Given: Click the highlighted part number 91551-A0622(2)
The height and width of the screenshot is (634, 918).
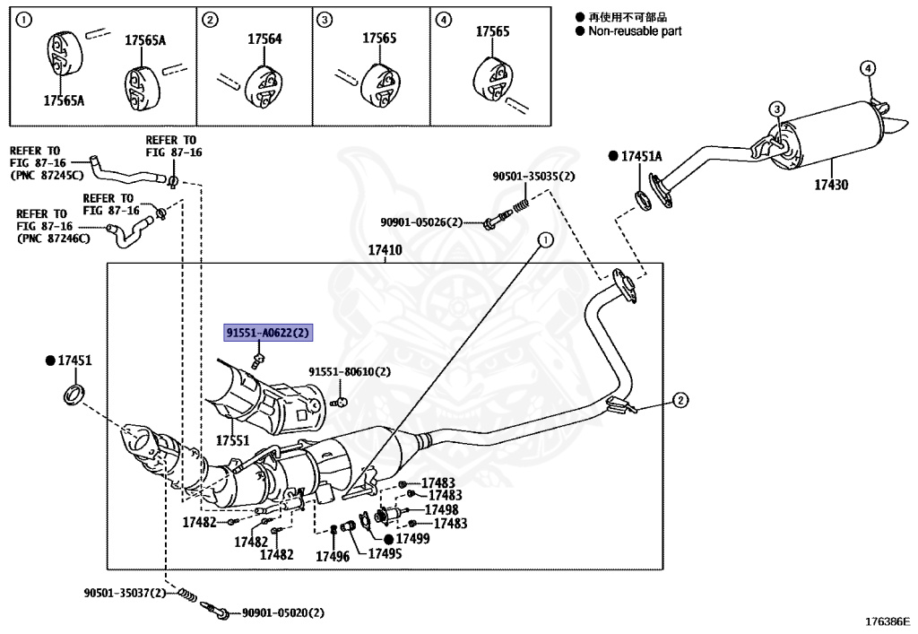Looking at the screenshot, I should point(268,334).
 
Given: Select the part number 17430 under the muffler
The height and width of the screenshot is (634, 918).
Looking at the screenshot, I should point(831,185).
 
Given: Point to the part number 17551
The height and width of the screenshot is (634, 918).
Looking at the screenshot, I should point(232,440).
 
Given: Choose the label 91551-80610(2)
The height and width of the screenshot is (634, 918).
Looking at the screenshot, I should point(351,371).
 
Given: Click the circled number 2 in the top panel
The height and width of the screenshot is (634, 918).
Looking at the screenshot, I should point(210,20).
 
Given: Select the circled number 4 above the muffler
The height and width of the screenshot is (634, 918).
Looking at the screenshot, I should point(867,68).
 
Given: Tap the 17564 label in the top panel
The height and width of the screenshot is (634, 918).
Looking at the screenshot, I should point(264,39).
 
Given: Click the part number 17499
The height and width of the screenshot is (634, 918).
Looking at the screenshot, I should point(412,538).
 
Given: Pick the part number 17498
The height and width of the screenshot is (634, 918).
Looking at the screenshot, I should point(441,509).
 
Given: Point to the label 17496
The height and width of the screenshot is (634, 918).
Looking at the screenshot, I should point(332,556).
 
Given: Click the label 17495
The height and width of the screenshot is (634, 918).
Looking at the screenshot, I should point(385,553).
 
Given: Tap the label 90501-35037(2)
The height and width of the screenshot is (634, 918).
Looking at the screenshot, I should point(125,593).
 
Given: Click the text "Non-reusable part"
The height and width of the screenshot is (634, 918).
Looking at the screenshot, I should point(635,31).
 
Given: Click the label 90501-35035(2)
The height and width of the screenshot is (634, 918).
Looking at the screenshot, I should point(533,177).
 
